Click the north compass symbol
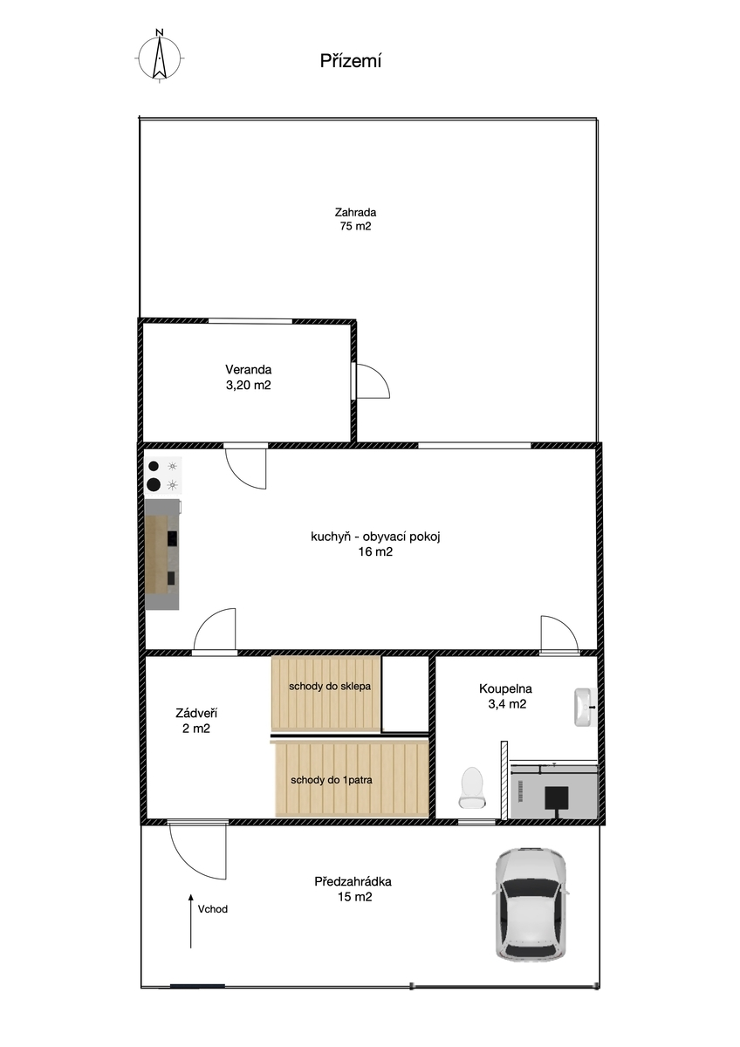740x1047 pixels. click(x=160, y=57)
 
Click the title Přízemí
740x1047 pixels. click(x=350, y=61)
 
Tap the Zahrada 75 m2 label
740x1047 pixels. click(x=355, y=219)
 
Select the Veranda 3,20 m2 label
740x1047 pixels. click(x=248, y=377)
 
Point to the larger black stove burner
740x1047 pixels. click(x=154, y=485)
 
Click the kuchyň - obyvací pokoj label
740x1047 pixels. click(x=375, y=537)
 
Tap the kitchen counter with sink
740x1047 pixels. click(x=162, y=554)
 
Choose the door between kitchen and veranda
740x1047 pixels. click(x=246, y=467)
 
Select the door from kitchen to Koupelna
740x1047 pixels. click(x=559, y=634)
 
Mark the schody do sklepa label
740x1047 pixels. click(x=330, y=686)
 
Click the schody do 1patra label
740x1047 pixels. click(x=332, y=780)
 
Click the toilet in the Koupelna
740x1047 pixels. click(x=471, y=787)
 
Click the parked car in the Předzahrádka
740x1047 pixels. click(x=531, y=904)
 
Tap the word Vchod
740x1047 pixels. click(x=213, y=908)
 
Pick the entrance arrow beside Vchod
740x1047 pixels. click(x=191, y=921)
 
